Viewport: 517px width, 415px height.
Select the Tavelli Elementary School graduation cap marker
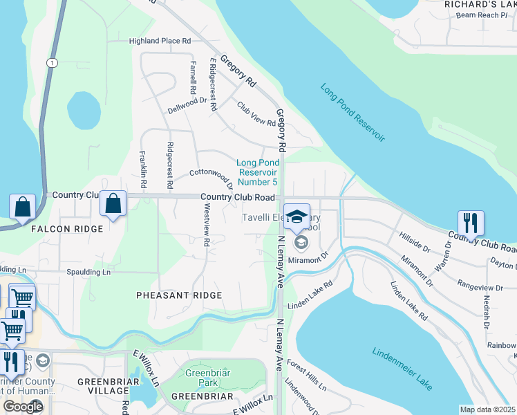pyautogui.click(x=297, y=217)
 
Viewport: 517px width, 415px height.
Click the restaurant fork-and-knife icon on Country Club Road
pyautogui.click(x=471, y=223)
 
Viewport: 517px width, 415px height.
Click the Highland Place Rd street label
pyautogui.click(x=160, y=41)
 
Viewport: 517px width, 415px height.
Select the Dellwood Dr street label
pyautogui.click(x=187, y=110)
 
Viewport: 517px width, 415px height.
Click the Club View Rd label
pyautogui.click(x=256, y=115)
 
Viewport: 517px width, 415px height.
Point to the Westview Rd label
pyautogui.click(x=206, y=229)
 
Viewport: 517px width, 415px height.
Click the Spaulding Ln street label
pyautogui.click(x=88, y=273)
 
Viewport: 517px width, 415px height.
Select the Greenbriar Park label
pyautogui.click(x=202, y=378)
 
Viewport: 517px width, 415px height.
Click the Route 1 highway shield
pyautogui.click(x=51, y=63)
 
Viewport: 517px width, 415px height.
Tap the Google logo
pyautogui.click(x=23, y=407)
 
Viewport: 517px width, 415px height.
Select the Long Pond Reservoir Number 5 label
pyautogui.click(x=257, y=172)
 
